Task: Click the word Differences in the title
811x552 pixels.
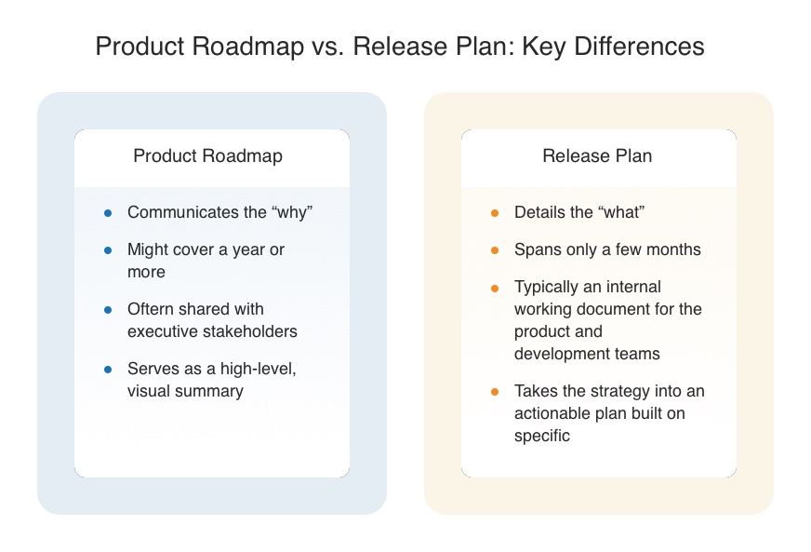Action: tap(639, 47)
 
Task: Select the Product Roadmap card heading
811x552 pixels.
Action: tap(208, 155)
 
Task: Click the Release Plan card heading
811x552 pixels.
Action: tap(597, 155)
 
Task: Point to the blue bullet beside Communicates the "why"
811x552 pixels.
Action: tap(108, 213)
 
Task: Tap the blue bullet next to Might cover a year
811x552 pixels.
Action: tap(108, 250)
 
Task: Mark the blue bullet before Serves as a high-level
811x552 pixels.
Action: tap(108, 370)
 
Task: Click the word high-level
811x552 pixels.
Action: tap(259, 369)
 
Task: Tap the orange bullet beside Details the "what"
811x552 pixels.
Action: tap(495, 213)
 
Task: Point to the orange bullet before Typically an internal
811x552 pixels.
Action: tap(495, 288)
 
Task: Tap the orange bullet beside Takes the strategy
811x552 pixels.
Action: tap(495, 392)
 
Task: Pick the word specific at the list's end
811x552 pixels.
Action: tap(542, 436)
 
